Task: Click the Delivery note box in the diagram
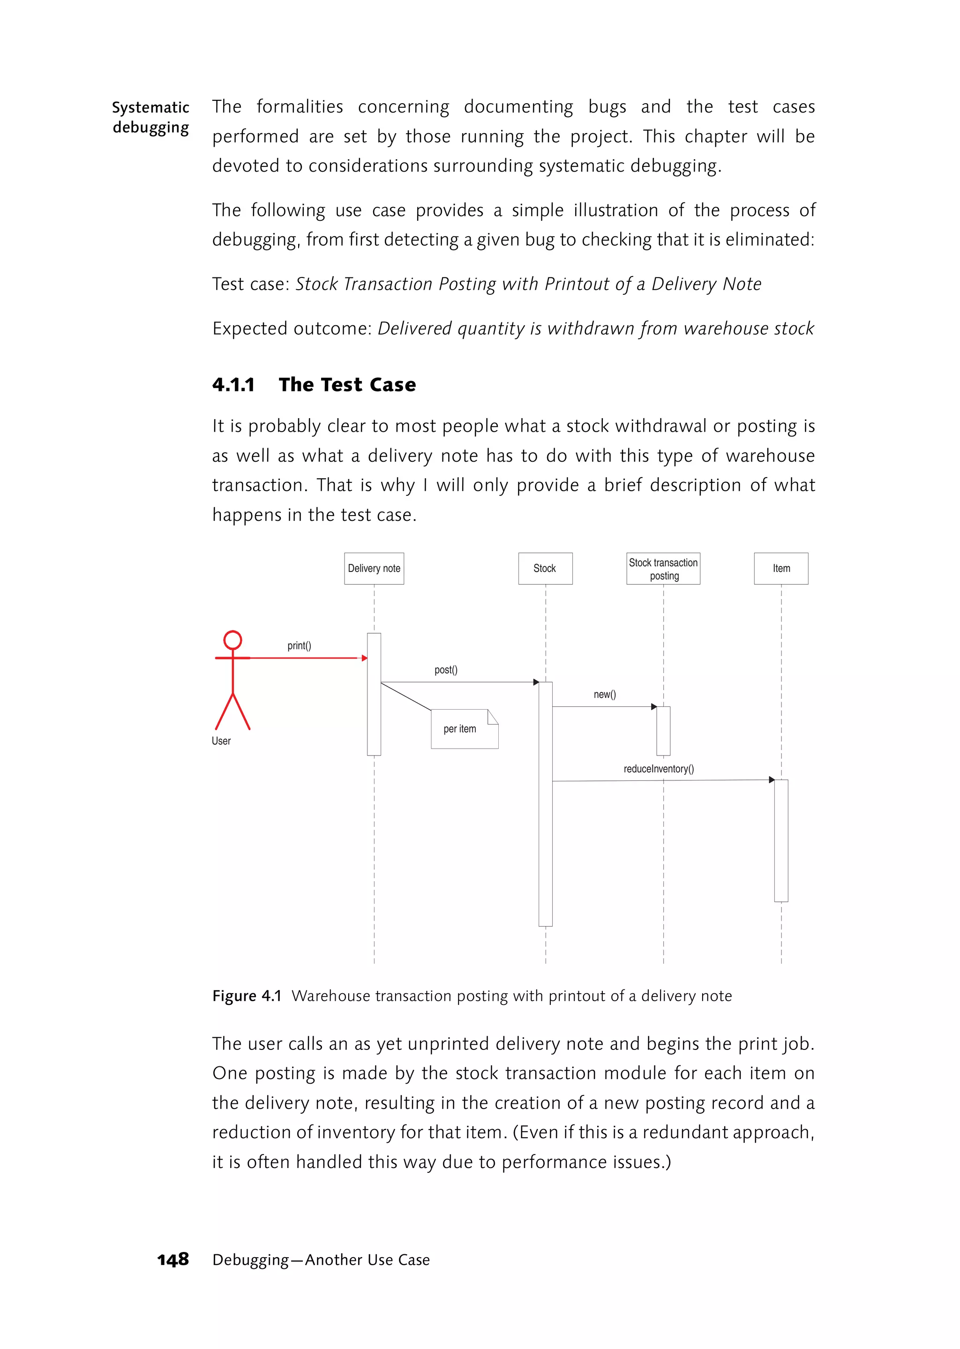pos(374,568)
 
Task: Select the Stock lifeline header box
pos(545,568)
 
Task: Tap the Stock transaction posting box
pos(663,569)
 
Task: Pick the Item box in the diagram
pos(781,568)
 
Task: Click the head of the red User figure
pos(233,640)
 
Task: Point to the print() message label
pos(299,645)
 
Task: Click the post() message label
pos(446,670)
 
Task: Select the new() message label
pos(605,694)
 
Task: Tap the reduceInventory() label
pos(659,769)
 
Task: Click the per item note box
pos(465,729)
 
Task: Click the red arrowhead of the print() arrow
pos(365,658)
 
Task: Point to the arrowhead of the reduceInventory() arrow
pos(772,779)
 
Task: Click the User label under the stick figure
pos(221,741)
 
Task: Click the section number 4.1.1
pos(233,385)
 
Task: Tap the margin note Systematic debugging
pos(151,117)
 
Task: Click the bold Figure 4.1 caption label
pos(247,996)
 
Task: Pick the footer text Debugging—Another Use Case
pos(321,1260)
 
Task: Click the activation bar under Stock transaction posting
pos(663,731)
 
